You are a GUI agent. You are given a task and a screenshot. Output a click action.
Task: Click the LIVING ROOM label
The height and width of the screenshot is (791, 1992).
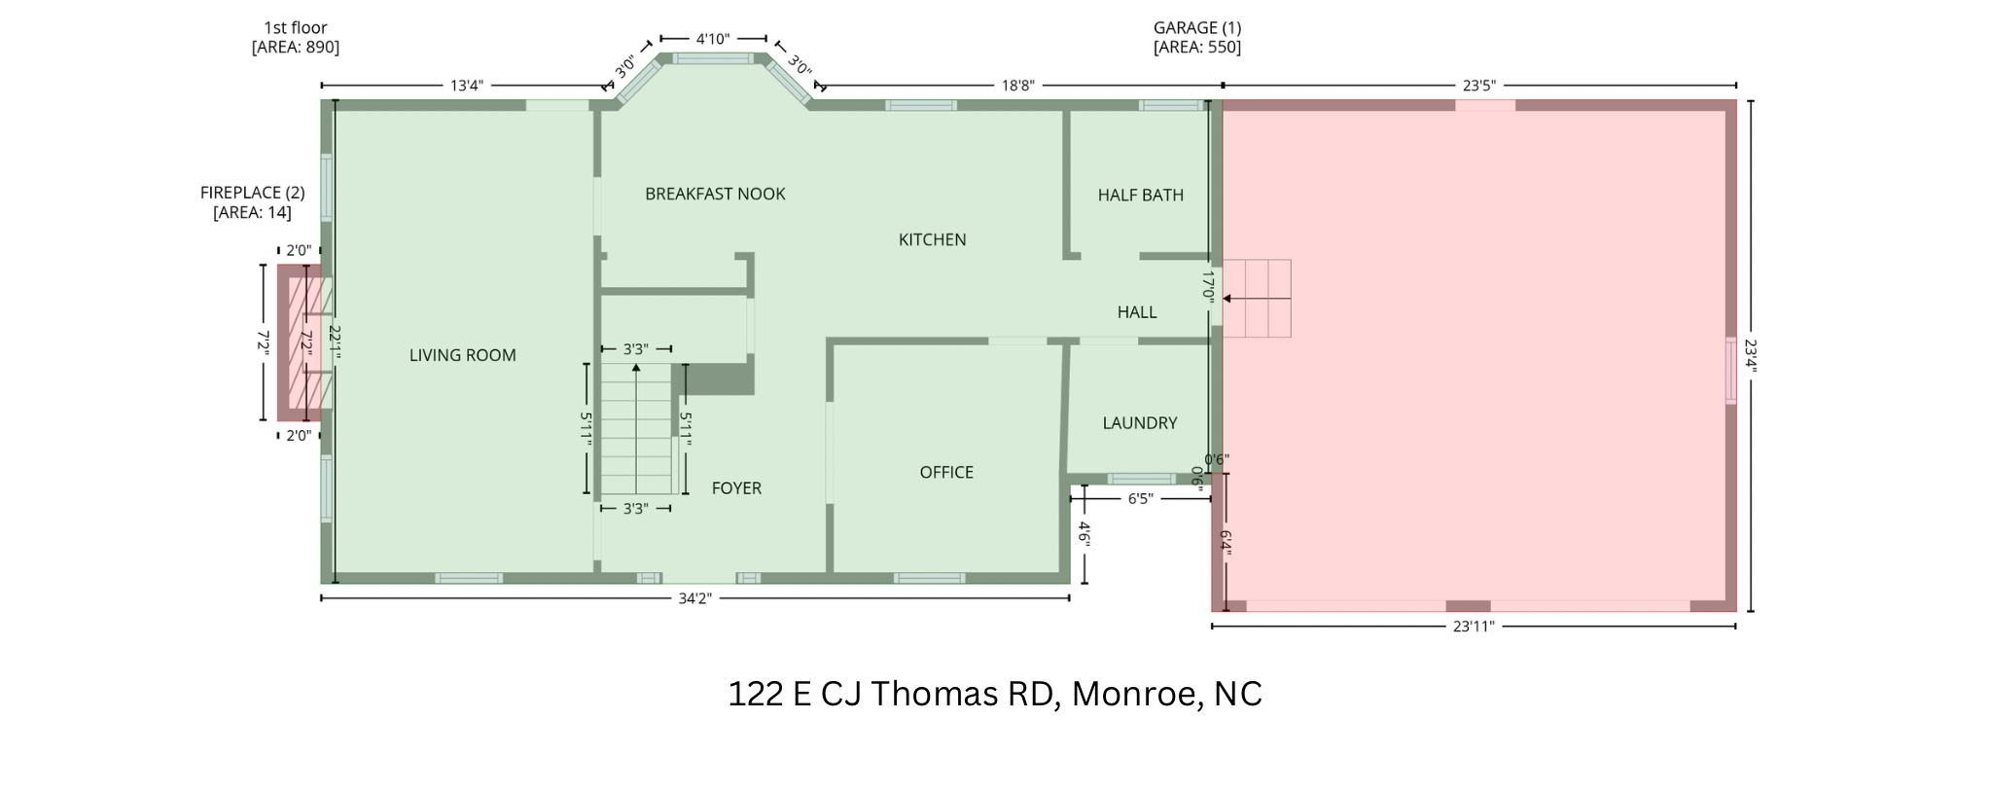click(x=462, y=355)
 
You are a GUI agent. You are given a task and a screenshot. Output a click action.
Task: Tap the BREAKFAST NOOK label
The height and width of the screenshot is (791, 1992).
click(x=715, y=194)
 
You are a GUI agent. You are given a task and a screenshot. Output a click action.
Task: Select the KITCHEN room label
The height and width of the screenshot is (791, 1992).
click(x=932, y=239)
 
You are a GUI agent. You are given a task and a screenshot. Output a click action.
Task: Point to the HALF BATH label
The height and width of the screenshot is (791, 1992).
click(x=1140, y=195)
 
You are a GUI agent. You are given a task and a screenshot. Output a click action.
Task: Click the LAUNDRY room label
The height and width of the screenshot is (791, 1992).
click(x=1139, y=422)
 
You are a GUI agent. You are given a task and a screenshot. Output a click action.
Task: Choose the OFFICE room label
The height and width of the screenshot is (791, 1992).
click(x=945, y=472)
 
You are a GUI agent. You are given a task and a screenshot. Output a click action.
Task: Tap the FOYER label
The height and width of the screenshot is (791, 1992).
click(x=735, y=487)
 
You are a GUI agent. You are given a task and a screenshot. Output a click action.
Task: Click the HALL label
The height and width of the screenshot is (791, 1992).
click(x=1136, y=311)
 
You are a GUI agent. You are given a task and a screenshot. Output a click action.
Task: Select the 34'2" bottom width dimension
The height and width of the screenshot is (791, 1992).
click(x=694, y=598)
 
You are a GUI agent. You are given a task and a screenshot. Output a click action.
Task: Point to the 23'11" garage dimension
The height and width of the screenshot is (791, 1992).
click(x=1473, y=627)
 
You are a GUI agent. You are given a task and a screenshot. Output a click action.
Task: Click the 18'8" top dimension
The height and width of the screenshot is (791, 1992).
click(x=1017, y=86)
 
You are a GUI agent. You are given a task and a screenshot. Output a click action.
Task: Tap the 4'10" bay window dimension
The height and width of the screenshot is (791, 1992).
click(x=712, y=39)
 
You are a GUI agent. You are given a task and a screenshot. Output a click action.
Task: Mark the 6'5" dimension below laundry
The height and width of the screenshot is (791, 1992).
click(x=1140, y=498)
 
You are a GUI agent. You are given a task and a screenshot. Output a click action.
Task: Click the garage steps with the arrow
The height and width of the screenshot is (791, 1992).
click(x=1257, y=299)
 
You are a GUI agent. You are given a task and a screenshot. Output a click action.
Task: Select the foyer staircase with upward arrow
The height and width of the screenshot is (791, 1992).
click(x=636, y=428)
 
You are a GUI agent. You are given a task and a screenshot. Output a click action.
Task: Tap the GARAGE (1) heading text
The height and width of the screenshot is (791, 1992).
click(x=1196, y=28)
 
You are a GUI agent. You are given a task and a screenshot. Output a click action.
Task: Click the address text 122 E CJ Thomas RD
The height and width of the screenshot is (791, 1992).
click(x=994, y=694)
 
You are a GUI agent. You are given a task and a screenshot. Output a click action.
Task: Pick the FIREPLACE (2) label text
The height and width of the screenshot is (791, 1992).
click(x=252, y=193)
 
